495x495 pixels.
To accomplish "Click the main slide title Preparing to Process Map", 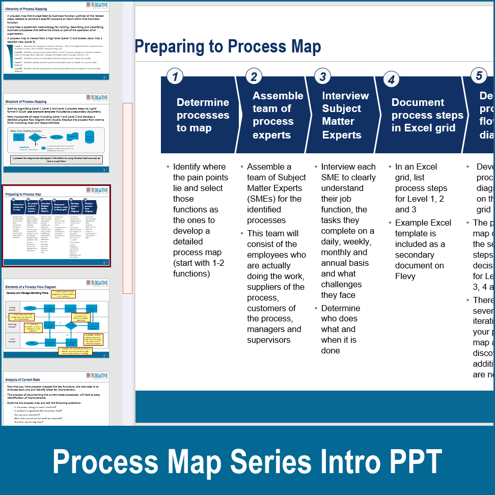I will [228, 47].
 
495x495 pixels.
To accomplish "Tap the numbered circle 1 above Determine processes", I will [175, 77].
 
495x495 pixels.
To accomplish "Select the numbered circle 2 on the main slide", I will [254, 77].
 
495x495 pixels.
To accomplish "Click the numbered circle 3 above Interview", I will [322, 76].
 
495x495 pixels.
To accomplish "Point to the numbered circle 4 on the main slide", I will [391, 79].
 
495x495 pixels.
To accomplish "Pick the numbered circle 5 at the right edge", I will [479, 75].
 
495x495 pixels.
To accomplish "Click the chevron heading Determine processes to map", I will [203, 115].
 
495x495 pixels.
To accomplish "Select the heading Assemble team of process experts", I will [278, 115].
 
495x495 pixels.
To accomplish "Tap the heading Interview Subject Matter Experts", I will [345, 115].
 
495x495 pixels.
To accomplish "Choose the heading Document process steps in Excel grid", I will [427, 115].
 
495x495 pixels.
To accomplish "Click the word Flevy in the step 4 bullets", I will [405, 276].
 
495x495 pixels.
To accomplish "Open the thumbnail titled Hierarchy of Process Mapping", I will [56, 41].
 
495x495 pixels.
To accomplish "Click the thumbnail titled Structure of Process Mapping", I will [56, 129].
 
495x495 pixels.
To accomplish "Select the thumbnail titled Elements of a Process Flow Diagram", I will [56, 318].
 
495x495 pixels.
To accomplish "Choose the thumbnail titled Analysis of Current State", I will [56, 400].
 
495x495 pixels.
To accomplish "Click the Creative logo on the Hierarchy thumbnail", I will [97, 5].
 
